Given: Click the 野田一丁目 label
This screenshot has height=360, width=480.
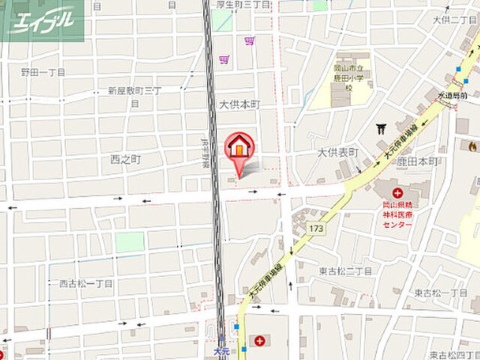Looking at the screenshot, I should tap(43, 73).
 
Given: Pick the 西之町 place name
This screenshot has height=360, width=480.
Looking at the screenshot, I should tap(125, 159).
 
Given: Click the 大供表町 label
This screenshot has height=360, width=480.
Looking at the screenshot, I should tap(338, 152).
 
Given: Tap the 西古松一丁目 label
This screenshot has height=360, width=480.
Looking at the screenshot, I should tap(85, 283).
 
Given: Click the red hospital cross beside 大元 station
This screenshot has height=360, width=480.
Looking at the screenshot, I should tap(259, 341).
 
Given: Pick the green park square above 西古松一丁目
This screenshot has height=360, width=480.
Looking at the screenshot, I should tap(130, 242).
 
